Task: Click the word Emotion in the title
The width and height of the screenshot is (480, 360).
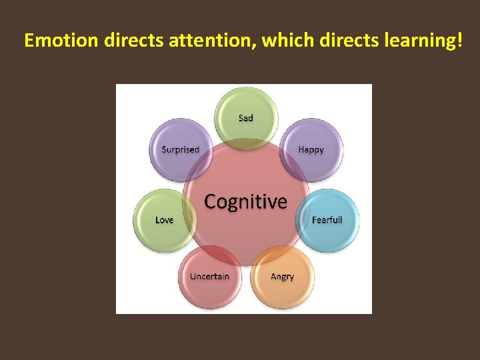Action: click(x=61, y=41)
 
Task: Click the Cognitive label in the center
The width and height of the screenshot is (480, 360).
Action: click(x=245, y=201)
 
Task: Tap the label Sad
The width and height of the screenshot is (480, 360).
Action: click(x=246, y=118)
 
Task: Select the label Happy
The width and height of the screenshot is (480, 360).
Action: click(x=311, y=149)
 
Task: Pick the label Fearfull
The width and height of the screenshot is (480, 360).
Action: click(x=327, y=220)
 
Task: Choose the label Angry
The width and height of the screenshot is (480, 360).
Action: click(x=282, y=276)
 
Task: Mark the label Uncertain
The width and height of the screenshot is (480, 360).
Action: click(x=209, y=276)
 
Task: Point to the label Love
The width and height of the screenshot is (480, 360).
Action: click(x=164, y=220)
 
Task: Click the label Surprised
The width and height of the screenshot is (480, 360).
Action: click(x=181, y=149)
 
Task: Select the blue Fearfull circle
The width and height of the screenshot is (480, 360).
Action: click(x=330, y=230)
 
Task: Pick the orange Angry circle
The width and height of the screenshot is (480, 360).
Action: click(x=283, y=287)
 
